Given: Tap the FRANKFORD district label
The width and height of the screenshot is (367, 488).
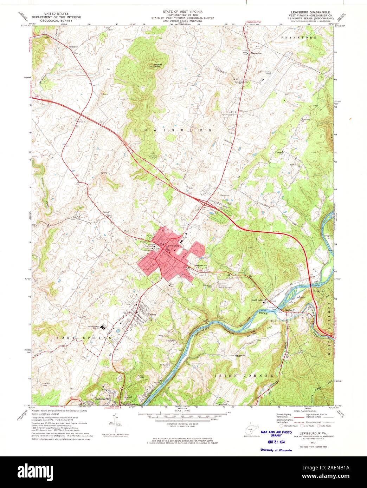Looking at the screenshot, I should coord(299,37).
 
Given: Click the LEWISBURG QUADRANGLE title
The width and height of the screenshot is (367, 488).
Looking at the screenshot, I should coord(307,12).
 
